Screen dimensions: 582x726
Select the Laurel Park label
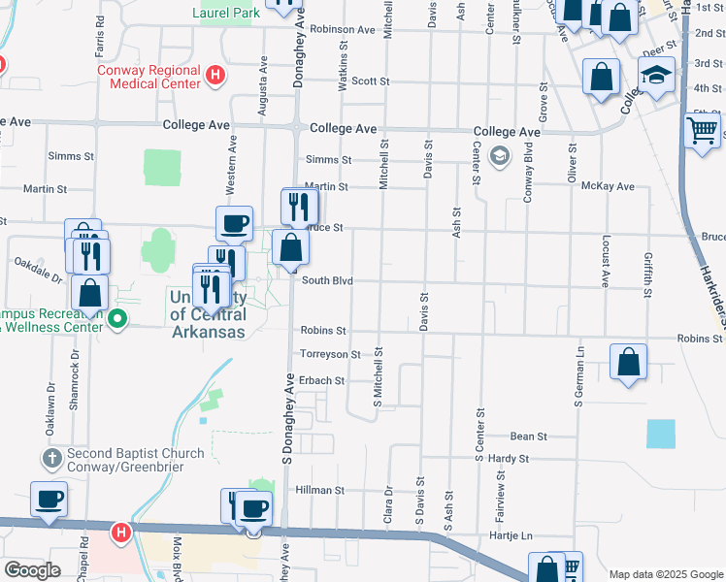click(226, 14)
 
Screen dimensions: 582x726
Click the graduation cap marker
click(657, 76)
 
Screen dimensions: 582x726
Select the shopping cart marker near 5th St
click(702, 131)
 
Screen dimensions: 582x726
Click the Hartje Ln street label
click(513, 535)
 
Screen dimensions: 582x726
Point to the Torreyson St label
click(330, 355)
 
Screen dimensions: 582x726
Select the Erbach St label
click(321, 381)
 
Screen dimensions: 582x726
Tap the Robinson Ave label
click(343, 30)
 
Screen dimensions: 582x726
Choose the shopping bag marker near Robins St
click(629, 363)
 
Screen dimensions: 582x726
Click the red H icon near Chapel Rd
click(120, 533)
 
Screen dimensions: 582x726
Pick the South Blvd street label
click(326, 281)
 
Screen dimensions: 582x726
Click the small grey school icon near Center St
click(500, 156)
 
